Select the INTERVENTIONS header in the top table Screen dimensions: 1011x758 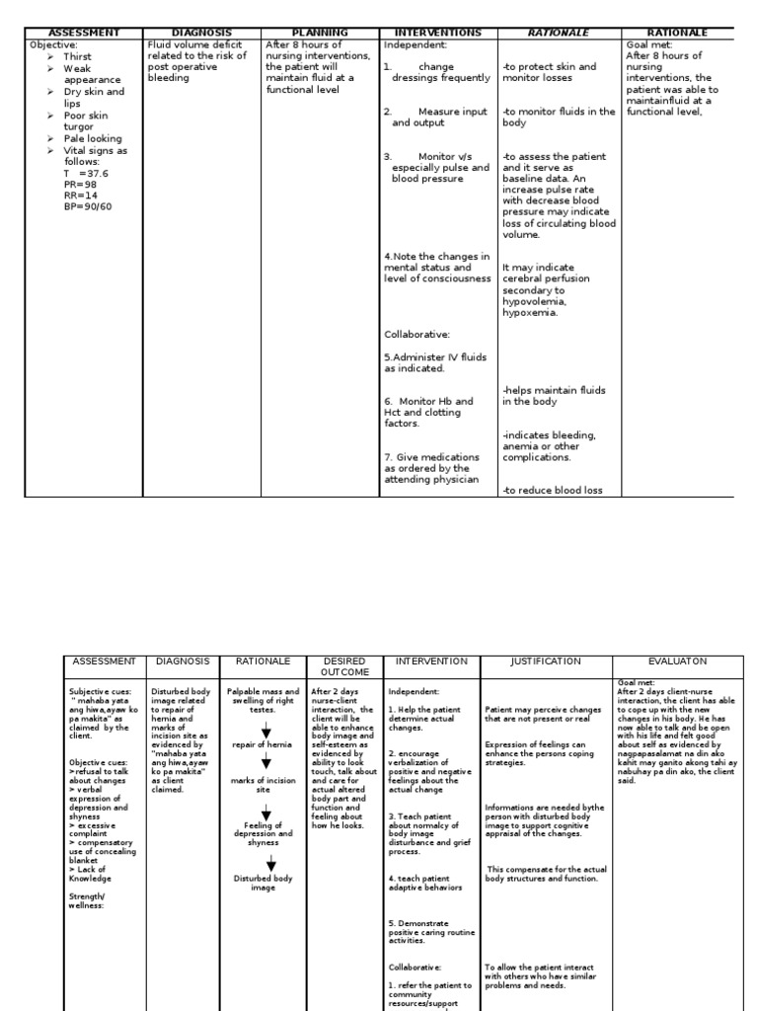click(437, 33)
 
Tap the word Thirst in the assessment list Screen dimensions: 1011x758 click(77, 57)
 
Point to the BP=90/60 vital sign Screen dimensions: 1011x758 click(89, 206)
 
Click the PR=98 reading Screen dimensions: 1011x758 click(82, 185)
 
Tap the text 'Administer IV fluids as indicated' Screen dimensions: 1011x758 click(435, 362)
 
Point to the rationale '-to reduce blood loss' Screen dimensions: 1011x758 click(553, 490)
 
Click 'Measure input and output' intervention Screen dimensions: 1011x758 click(436, 117)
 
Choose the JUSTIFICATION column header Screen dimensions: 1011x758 click(546, 661)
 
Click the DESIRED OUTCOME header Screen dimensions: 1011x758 click(344, 666)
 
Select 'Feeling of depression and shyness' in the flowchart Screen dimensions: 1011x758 click(265, 833)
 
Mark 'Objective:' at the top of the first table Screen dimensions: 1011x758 click(54, 45)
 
